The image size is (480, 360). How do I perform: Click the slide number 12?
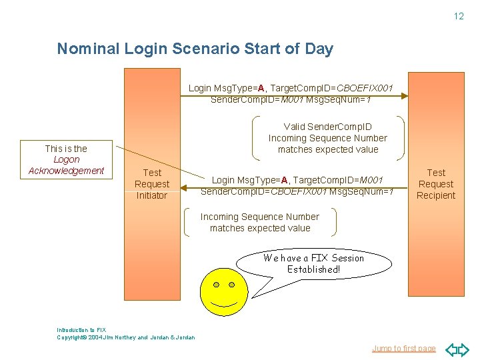point(459,16)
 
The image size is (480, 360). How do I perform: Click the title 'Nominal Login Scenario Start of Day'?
point(195,49)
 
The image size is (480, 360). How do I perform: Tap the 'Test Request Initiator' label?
point(152,184)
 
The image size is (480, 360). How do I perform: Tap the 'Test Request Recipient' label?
point(436,184)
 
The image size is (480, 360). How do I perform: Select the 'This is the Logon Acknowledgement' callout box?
point(67,159)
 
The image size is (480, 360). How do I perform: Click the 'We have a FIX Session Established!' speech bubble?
point(313,264)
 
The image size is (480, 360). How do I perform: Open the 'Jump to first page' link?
point(403,348)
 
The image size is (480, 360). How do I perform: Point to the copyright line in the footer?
point(126,337)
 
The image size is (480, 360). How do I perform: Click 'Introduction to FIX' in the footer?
point(81,330)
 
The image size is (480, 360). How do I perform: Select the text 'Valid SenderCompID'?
point(327,127)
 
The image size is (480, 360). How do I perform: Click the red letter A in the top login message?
point(262,88)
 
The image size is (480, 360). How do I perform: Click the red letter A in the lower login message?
point(285,180)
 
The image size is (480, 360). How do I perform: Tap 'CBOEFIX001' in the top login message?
point(364,88)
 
